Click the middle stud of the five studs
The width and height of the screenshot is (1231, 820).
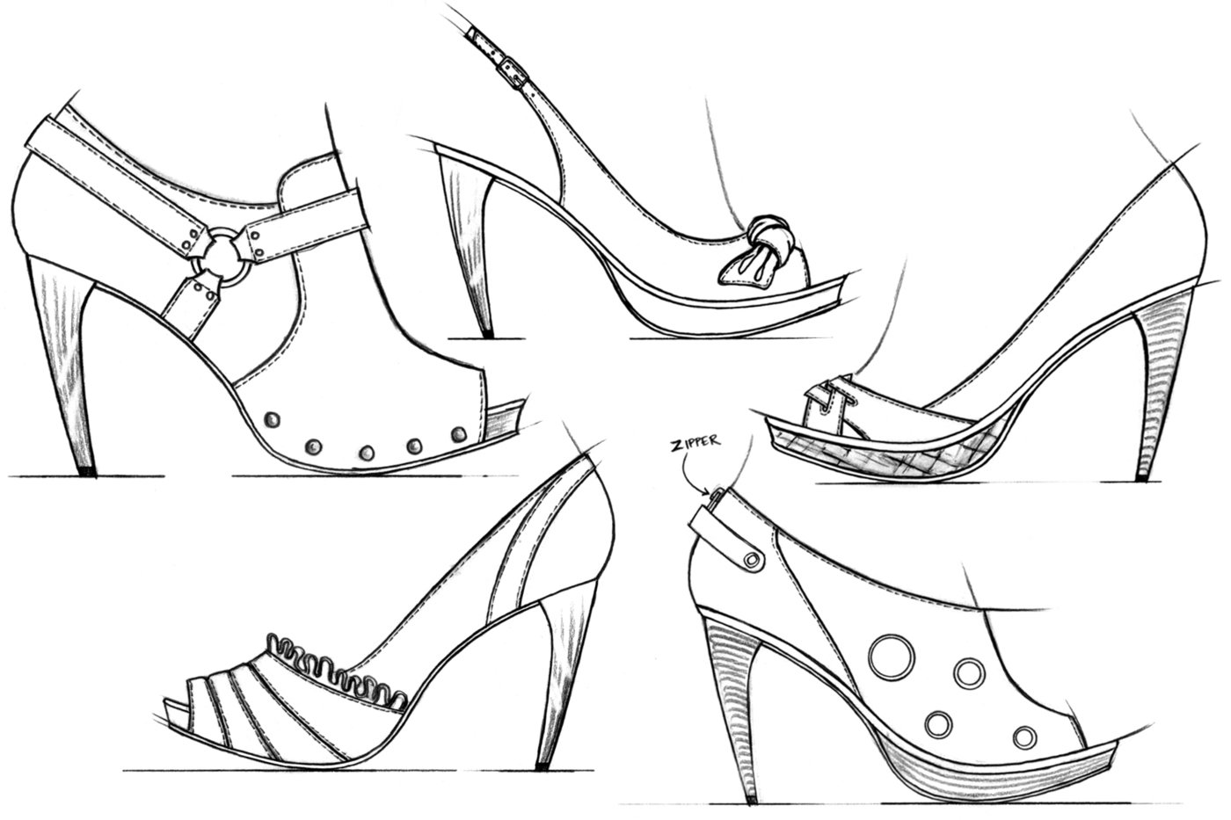pos(365,452)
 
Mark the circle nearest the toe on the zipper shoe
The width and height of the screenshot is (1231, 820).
pos(1023,736)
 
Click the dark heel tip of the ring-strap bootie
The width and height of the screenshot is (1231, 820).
pos(85,471)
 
